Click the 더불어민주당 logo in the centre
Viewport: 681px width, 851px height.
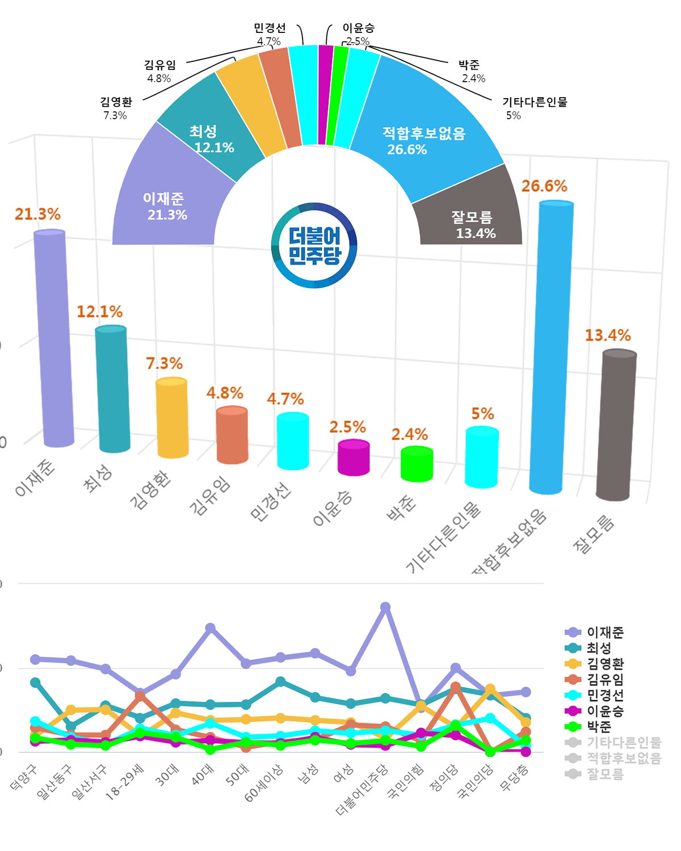point(314,245)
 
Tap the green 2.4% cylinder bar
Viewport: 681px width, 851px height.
point(417,464)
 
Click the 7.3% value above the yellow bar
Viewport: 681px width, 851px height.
point(164,363)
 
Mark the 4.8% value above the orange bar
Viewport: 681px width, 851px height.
point(225,393)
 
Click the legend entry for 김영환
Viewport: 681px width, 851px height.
point(604,664)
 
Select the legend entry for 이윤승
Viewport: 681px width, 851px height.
point(604,711)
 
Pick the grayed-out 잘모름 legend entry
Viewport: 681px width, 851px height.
point(604,774)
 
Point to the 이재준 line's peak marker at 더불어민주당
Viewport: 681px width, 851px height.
point(385,607)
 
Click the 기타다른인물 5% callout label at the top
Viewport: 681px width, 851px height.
point(534,103)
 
